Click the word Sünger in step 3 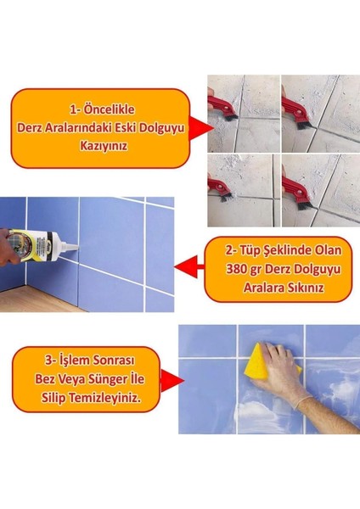[121, 378]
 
